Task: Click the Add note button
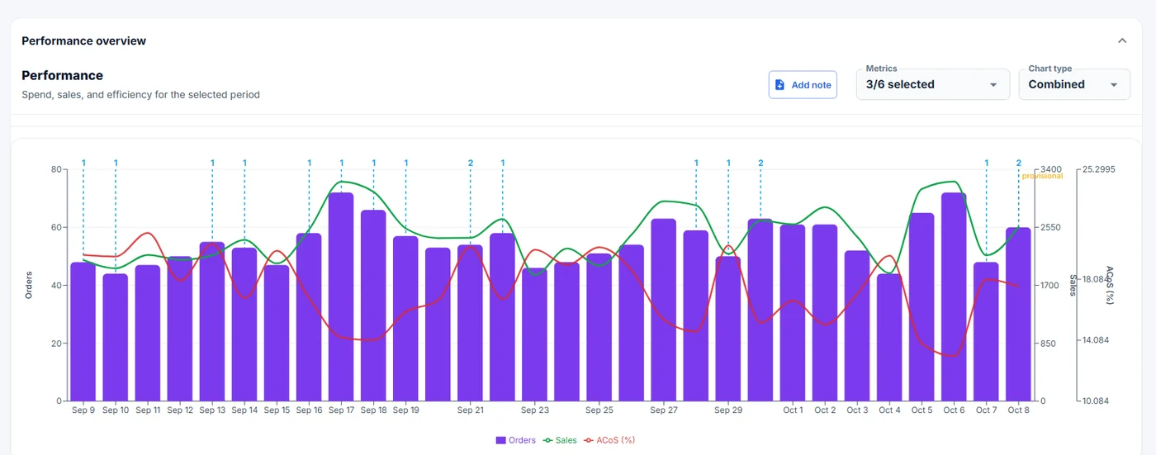803,84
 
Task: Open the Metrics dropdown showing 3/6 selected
932,84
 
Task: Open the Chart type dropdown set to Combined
1074,84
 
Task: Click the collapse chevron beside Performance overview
1122,40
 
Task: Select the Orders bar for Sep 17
341,296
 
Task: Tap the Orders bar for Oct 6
954,296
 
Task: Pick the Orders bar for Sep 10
116,338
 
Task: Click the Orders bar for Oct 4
889,338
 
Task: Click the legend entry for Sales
560,440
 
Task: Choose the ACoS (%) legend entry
609,440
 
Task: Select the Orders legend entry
515,440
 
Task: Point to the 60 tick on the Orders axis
56,227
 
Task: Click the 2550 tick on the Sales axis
1050,227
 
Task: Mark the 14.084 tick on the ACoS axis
1095,340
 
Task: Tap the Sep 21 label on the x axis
470,410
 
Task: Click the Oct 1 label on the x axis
793,410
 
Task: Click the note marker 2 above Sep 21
470,163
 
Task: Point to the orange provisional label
1042,176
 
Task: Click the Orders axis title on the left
29,285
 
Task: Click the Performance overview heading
83,40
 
